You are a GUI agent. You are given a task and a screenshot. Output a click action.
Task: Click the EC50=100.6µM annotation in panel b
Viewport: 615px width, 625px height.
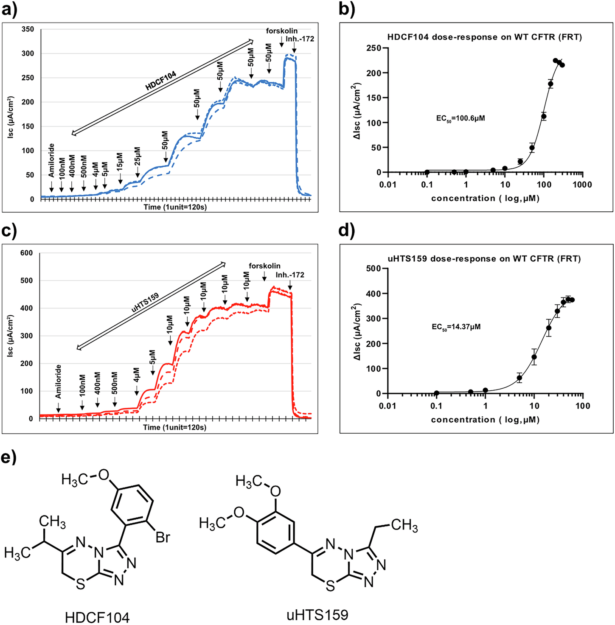(x=461, y=118)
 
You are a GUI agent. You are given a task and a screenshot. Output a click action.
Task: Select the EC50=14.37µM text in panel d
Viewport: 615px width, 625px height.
(x=456, y=327)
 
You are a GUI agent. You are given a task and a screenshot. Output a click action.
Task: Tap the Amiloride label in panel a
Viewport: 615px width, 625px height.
(x=51, y=160)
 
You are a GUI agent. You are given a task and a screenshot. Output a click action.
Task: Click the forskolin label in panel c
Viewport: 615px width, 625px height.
(x=264, y=266)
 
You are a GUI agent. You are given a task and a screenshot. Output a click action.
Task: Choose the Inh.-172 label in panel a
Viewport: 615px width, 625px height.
(x=300, y=39)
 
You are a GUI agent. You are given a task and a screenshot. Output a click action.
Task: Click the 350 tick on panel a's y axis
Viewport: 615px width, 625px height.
(x=28, y=29)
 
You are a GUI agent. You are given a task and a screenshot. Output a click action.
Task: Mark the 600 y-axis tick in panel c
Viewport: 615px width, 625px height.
(x=26, y=253)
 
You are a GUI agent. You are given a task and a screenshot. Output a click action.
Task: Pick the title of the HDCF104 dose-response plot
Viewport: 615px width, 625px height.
(x=484, y=37)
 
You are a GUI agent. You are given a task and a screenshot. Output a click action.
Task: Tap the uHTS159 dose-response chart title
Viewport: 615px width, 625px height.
(x=484, y=259)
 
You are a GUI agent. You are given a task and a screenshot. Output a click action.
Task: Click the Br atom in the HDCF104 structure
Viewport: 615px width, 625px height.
(x=163, y=538)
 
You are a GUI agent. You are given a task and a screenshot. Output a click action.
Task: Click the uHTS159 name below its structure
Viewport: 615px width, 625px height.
(x=317, y=614)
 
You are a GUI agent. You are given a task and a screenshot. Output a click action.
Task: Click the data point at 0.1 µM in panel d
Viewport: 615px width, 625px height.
(x=436, y=393)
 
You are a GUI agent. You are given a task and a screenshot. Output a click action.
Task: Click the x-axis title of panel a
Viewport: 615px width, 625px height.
(x=175, y=207)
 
